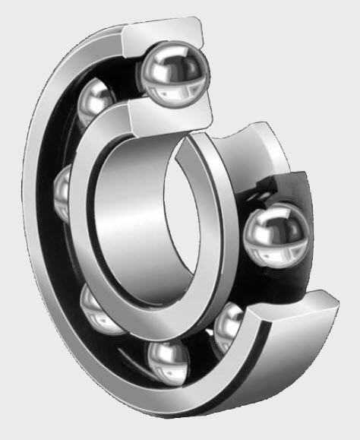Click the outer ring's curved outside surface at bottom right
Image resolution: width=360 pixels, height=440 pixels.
click(x=251, y=380)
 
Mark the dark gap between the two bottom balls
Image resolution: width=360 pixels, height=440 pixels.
click(x=199, y=346)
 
